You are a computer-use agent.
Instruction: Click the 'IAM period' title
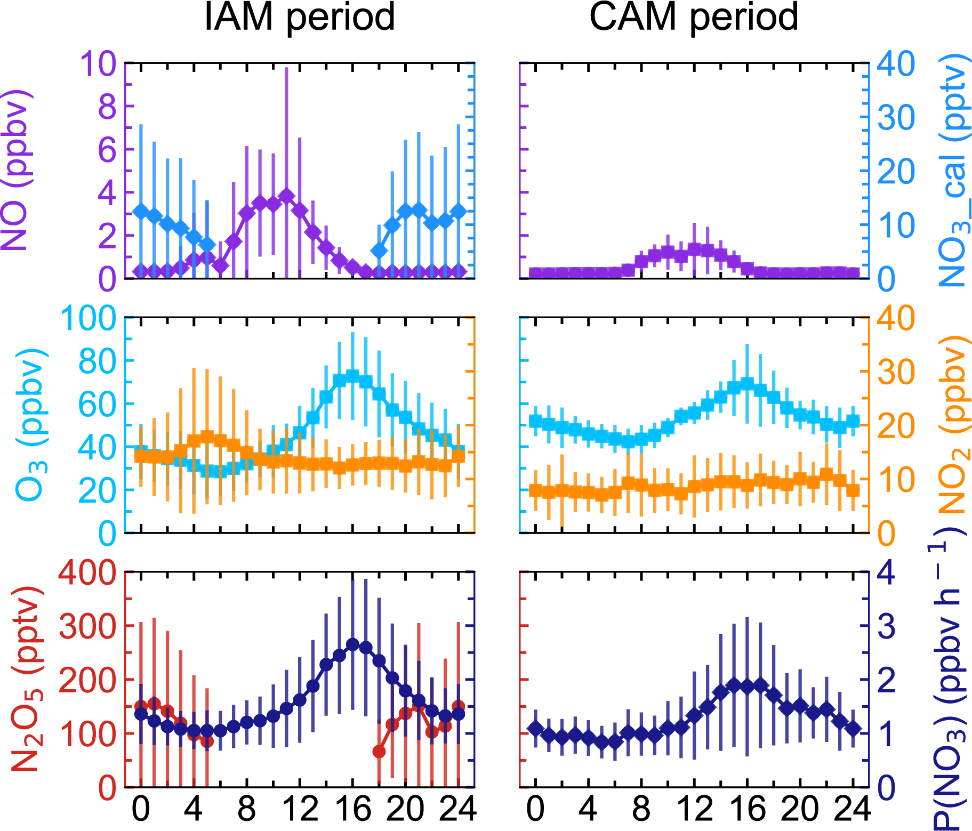tap(299, 17)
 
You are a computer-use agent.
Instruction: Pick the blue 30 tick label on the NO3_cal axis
tap(896, 117)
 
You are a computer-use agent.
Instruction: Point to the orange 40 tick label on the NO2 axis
tap(896, 319)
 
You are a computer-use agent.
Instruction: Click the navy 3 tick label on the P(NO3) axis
tap(887, 627)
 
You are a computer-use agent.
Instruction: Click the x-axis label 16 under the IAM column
tap(352, 809)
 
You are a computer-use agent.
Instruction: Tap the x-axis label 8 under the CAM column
tap(641, 809)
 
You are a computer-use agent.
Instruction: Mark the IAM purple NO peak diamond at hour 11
tap(286, 196)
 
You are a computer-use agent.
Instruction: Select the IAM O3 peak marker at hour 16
tap(352, 376)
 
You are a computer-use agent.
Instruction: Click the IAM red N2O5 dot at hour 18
tap(379, 752)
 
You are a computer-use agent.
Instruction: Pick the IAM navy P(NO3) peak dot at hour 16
tap(352, 644)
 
